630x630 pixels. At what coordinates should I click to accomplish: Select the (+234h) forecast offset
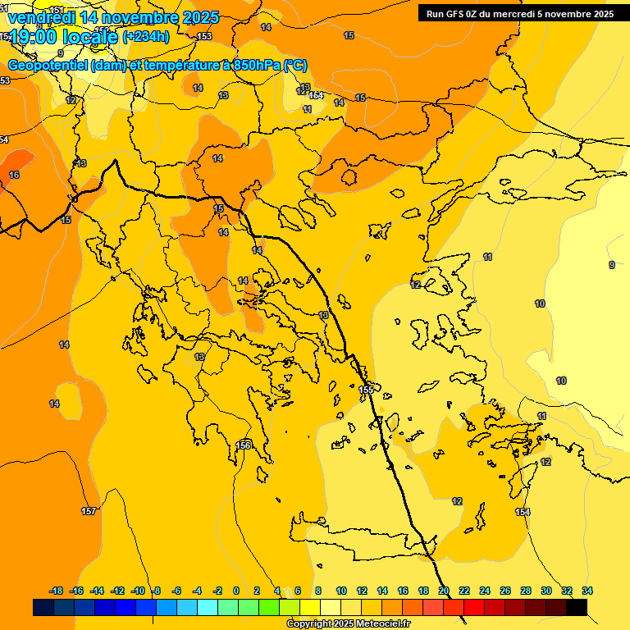click(145, 37)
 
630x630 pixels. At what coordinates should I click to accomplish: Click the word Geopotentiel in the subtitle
click(48, 65)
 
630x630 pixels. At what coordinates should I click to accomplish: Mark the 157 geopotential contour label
click(89, 511)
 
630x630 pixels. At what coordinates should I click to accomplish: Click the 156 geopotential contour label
click(244, 445)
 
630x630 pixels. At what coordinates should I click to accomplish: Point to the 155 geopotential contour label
click(367, 389)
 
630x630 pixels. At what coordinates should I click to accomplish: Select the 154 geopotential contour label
click(523, 512)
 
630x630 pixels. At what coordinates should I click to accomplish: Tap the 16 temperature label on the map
click(14, 175)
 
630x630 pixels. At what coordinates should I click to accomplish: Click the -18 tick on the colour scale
click(57, 591)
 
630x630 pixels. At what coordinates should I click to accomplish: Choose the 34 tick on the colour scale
click(587, 591)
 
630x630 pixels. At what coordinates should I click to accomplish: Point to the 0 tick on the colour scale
click(236, 591)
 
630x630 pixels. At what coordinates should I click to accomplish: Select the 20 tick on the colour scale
click(444, 591)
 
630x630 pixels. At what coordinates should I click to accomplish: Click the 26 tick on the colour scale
click(505, 591)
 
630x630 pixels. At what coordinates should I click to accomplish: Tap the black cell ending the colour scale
click(577, 607)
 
